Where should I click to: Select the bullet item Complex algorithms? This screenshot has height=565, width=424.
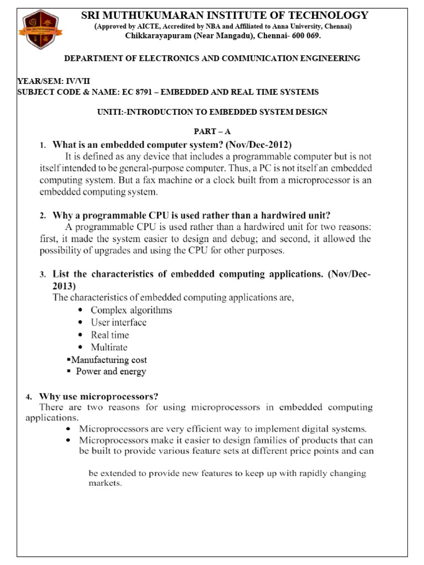click(x=131, y=310)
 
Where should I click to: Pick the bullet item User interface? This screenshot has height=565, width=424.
click(x=119, y=322)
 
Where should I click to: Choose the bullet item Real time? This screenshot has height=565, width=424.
click(x=110, y=335)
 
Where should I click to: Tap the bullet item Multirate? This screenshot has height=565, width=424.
click(x=109, y=347)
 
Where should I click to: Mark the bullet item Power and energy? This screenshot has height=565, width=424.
click(x=110, y=371)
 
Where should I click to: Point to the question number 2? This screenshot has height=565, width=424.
click(x=43, y=216)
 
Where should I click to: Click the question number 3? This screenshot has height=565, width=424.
click(x=43, y=275)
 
